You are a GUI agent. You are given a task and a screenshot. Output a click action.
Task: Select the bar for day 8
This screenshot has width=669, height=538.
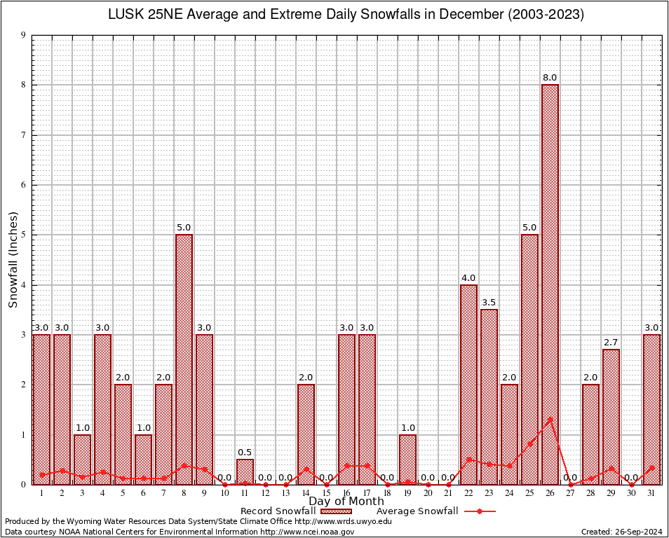184,357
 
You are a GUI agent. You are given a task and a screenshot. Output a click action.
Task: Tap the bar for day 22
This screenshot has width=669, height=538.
468,385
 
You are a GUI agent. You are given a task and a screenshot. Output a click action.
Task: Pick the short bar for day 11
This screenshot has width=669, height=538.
245,472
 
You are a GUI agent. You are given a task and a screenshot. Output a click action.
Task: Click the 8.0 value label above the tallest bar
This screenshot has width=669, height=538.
550,77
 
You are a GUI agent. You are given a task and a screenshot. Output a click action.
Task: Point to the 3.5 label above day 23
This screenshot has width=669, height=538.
489,302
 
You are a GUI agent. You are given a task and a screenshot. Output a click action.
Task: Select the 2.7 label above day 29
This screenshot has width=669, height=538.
611,342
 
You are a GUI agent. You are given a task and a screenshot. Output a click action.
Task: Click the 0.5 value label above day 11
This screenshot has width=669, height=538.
245,452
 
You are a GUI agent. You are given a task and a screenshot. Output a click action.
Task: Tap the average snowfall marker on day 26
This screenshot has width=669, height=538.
550,419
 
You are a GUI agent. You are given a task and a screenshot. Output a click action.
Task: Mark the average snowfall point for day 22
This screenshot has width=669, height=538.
468,460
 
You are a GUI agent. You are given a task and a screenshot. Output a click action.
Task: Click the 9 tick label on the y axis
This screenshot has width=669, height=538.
24,35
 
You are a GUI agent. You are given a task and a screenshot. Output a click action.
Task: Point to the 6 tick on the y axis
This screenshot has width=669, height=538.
24,185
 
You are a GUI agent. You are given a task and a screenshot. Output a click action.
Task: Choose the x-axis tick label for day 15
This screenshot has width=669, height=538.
326,494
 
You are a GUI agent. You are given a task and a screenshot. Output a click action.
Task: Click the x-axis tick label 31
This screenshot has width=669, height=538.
651,494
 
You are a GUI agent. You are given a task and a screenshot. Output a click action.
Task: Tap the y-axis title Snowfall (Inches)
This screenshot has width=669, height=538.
13,260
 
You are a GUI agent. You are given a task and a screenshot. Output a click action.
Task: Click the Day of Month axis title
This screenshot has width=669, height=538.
346,502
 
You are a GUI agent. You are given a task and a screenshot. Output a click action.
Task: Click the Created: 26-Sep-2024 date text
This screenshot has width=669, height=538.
622,532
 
